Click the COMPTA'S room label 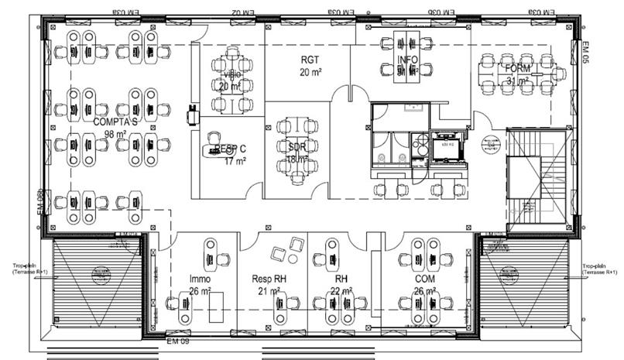click(x=115, y=122)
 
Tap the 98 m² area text click(x=115, y=134)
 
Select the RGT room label click(x=310, y=60)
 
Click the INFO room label click(x=408, y=60)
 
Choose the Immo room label click(x=201, y=278)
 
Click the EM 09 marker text click(x=178, y=340)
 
